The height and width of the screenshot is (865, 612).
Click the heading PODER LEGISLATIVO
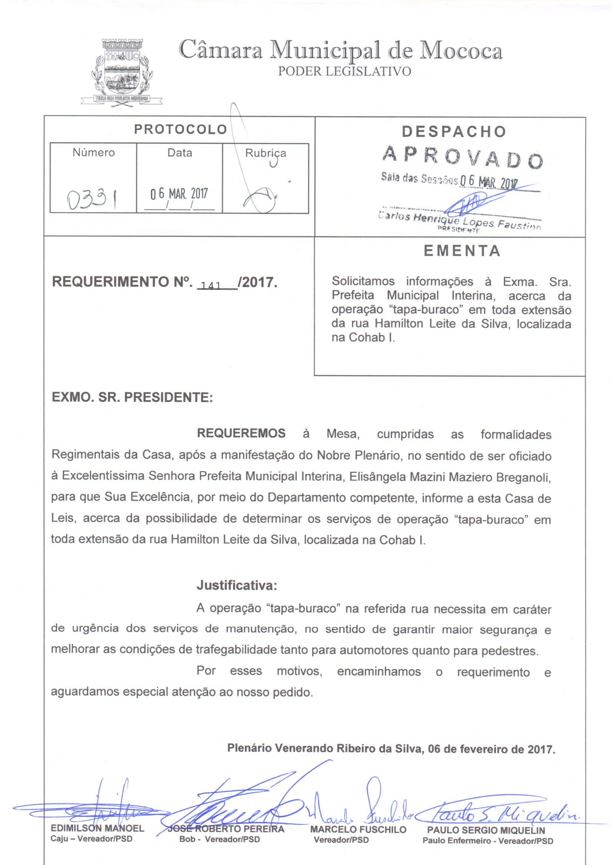pyautogui.click(x=344, y=71)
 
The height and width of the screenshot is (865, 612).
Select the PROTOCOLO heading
pyautogui.click(x=180, y=129)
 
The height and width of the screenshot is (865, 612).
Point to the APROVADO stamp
pyautogui.click(x=462, y=157)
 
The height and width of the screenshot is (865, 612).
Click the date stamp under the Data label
pyautogui.click(x=179, y=193)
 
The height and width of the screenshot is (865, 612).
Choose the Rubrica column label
pyautogui.click(x=265, y=153)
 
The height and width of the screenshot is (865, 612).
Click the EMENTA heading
pyautogui.click(x=462, y=251)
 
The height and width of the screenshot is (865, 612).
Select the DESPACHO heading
pyautogui.click(x=454, y=131)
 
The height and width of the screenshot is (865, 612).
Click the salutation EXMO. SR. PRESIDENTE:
pyautogui.click(x=132, y=397)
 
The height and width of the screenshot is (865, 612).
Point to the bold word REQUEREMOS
pyautogui.click(x=241, y=433)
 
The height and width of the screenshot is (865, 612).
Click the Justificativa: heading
pyautogui.click(x=237, y=585)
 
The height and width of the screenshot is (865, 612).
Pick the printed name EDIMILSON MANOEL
pyautogui.click(x=97, y=828)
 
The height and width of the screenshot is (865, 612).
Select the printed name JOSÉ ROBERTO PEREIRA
pyautogui.click(x=226, y=829)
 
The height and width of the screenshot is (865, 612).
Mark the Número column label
pyautogui.click(x=94, y=152)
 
